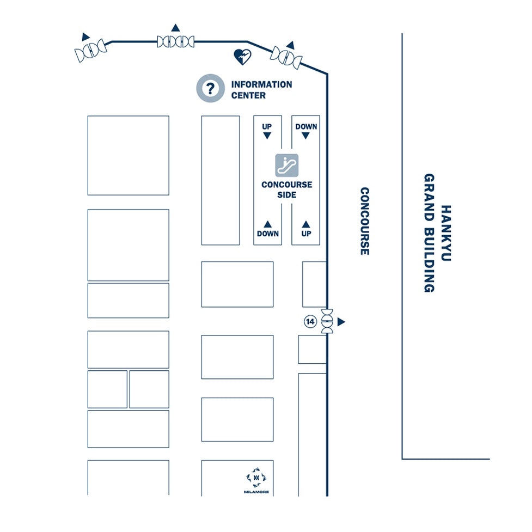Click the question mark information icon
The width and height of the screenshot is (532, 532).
tap(210, 88)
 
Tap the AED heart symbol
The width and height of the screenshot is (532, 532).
tap(243, 57)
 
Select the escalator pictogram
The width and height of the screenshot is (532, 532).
tap(287, 165)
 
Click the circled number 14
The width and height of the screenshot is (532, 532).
tap(310, 321)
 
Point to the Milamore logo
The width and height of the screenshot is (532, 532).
tap(256, 480)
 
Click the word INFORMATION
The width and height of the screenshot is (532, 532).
tap(261, 84)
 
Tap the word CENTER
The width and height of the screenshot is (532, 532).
tap(248, 95)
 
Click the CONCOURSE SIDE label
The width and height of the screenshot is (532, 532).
tap(287, 189)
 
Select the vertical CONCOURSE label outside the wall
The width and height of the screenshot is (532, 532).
tap(364, 221)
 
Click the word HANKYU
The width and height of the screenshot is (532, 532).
tap(446, 233)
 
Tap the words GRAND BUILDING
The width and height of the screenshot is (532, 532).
tap(429, 233)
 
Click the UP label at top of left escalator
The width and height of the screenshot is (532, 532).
tap(267, 126)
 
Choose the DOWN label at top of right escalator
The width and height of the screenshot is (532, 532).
tap(306, 126)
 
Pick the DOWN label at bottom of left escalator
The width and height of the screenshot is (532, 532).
tap(268, 234)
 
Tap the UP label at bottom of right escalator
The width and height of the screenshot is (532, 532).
tap(306, 234)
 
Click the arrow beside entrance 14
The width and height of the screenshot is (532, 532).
tap(341, 322)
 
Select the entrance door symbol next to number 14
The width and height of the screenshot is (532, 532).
tap(327, 321)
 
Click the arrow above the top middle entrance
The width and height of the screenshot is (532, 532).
tap(175, 27)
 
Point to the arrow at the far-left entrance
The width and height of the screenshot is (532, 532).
tap(85, 36)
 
